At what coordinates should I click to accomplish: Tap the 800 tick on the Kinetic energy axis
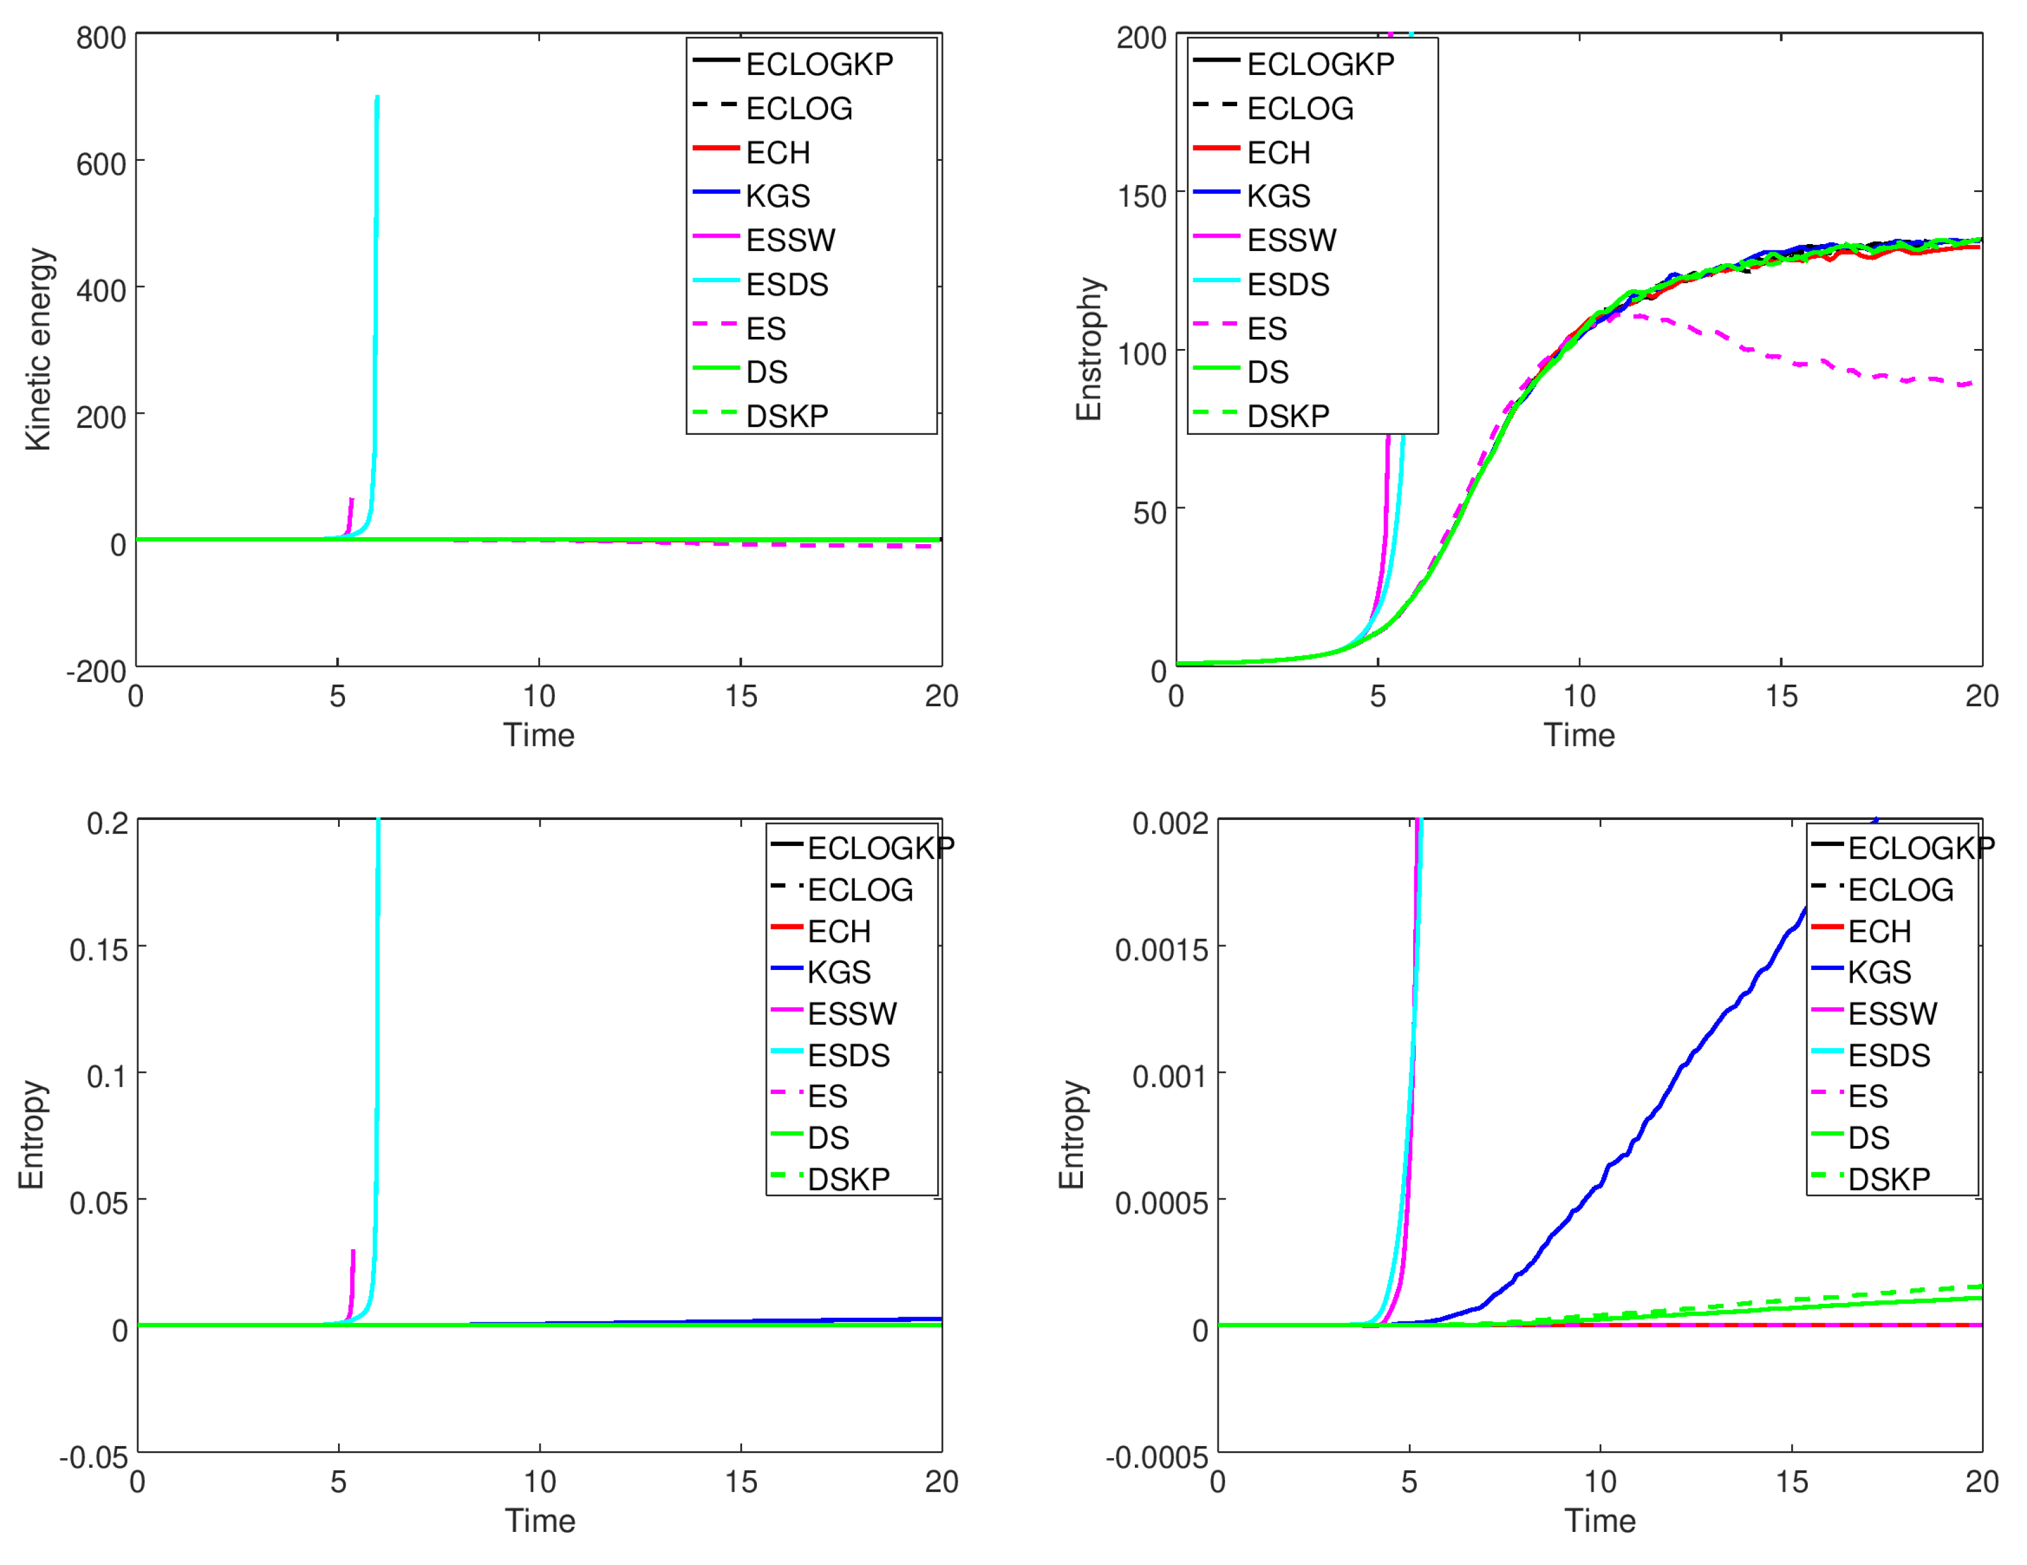pos(101,38)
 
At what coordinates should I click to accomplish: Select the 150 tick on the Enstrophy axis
pos(1142,196)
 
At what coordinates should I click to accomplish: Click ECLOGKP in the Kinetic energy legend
pos(818,64)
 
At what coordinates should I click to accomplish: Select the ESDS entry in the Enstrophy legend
pos(1287,284)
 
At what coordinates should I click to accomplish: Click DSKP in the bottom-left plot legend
pos(848,1179)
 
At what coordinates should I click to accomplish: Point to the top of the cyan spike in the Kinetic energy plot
pos(377,97)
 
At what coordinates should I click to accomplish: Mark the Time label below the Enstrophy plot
pos(1579,735)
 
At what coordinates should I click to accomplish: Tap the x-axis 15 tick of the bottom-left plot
pos(741,1482)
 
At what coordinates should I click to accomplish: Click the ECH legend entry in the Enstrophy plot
pos(1278,152)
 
